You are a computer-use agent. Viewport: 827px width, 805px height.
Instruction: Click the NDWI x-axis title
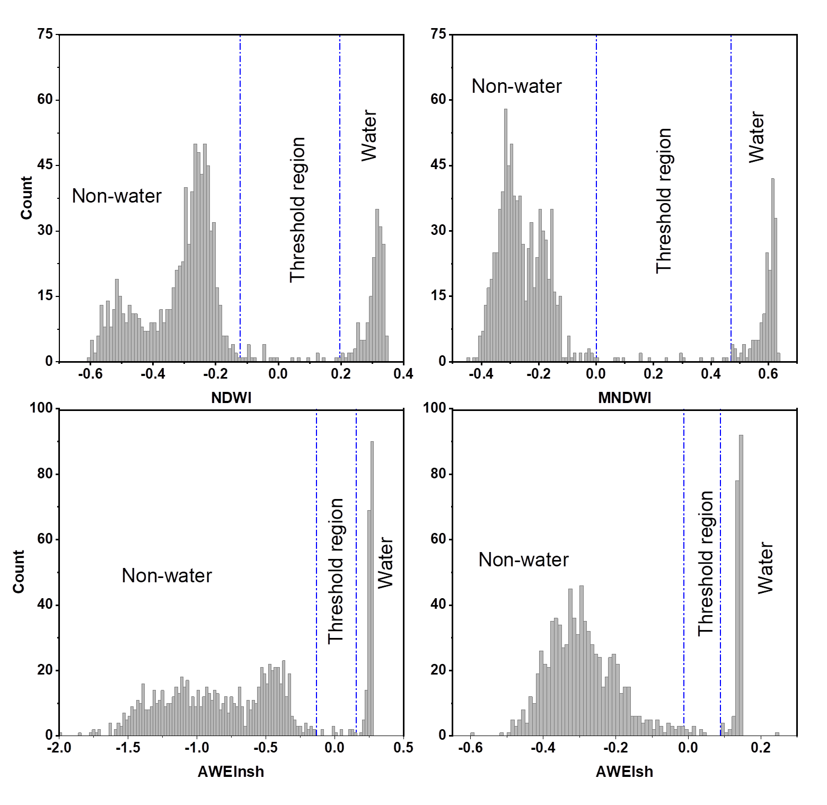231,398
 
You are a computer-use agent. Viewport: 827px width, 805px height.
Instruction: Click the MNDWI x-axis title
624,398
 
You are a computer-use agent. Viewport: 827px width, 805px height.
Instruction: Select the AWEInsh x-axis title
231,772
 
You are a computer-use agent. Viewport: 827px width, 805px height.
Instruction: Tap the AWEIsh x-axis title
624,772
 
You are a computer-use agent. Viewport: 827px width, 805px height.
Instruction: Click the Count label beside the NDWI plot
27,198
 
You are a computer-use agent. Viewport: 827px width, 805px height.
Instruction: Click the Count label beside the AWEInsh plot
19,572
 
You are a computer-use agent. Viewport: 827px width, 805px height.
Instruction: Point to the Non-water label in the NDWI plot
117,196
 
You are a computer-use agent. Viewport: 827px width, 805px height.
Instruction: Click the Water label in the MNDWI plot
756,137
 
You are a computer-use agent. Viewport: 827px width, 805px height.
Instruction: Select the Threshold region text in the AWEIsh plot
706,563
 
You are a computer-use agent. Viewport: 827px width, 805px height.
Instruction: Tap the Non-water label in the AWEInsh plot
166,576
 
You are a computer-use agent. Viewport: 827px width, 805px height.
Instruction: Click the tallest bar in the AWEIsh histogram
741,583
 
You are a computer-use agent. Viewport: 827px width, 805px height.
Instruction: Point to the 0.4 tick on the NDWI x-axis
403,374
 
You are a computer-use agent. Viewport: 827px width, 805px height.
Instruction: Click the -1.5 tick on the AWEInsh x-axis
128,748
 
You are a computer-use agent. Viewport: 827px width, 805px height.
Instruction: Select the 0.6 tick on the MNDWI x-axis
768,374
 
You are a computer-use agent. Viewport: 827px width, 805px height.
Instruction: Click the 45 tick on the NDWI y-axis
45,165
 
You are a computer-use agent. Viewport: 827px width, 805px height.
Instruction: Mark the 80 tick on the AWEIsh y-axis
438,474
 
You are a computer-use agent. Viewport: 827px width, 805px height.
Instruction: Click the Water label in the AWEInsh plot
385,563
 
